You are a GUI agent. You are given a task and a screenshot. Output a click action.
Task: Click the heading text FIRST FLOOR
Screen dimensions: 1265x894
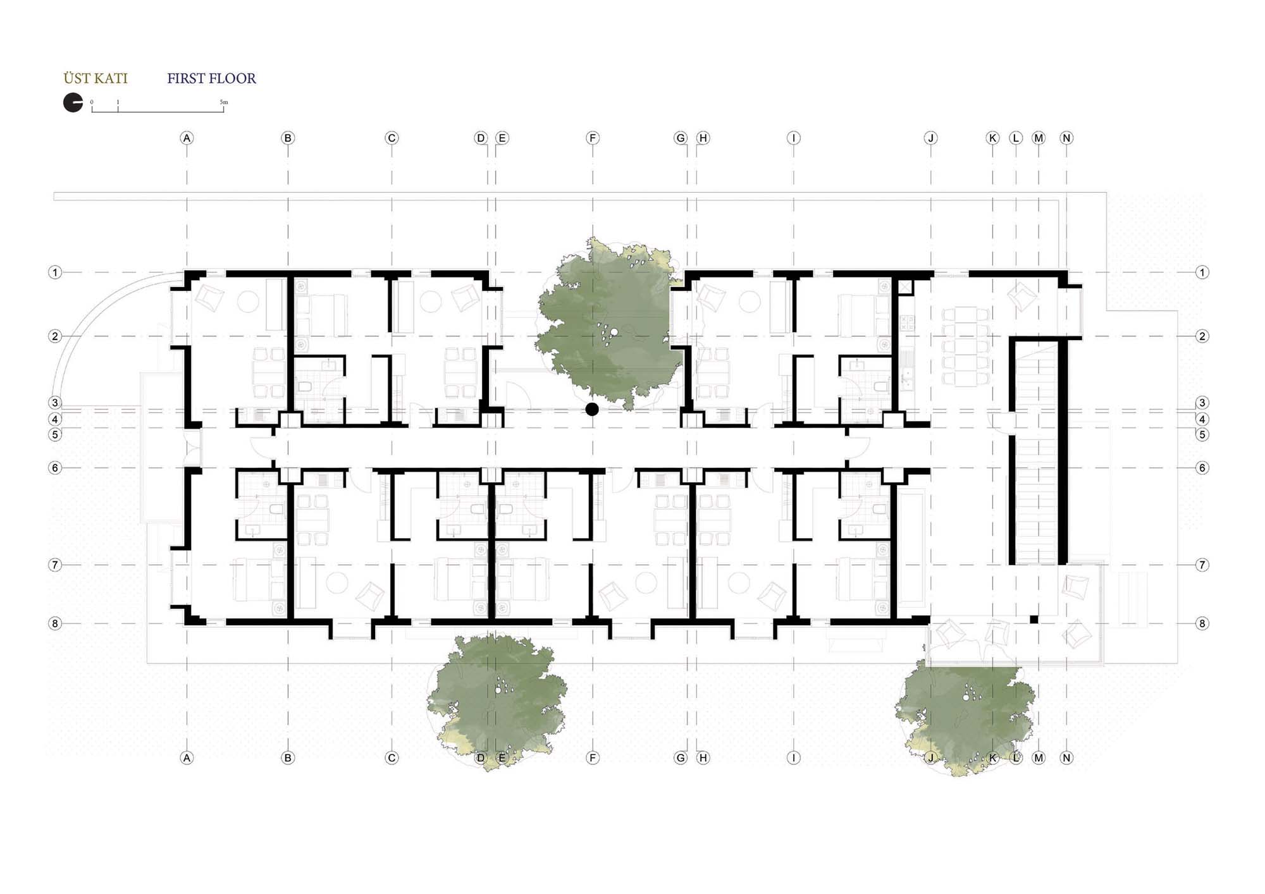coord(211,78)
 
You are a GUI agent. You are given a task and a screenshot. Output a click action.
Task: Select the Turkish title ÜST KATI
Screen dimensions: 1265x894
coord(96,78)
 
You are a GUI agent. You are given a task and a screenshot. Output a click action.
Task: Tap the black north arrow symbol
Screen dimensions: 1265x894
coord(73,102)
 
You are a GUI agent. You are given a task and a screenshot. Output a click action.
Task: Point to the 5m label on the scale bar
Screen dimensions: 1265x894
coord(224,102)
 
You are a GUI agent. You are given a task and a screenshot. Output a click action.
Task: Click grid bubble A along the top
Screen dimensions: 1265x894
coord(187,138)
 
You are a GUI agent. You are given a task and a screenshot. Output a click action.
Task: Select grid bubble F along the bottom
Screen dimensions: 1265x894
coord(593,757)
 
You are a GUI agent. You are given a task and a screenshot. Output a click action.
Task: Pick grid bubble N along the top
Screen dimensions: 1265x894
coord(1066,138)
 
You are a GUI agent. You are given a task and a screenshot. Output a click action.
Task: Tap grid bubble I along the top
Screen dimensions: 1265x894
coord(794,138)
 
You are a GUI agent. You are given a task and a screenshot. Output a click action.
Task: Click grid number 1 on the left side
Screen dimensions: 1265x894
coord(55,272)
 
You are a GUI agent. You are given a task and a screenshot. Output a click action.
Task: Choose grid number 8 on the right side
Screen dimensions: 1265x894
coord(1202,623)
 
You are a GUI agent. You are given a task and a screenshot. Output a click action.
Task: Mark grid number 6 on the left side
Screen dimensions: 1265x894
coord(55,468)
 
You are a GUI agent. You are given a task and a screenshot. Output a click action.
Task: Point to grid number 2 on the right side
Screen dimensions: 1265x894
coord(1202,336)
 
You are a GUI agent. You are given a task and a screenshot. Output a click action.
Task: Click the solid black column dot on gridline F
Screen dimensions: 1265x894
coord(592,409)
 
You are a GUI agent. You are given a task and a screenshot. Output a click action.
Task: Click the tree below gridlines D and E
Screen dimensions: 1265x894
coord(497,695)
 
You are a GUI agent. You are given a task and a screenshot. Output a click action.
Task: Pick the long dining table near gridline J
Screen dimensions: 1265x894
coord(965,346)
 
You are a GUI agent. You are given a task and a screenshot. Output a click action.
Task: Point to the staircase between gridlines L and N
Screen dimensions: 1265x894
coord(1037,452)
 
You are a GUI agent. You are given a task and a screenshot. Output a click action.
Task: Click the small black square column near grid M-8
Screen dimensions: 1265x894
coord(1034,620)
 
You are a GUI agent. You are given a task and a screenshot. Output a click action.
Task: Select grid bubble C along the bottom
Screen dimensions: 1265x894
coord(392,757)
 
